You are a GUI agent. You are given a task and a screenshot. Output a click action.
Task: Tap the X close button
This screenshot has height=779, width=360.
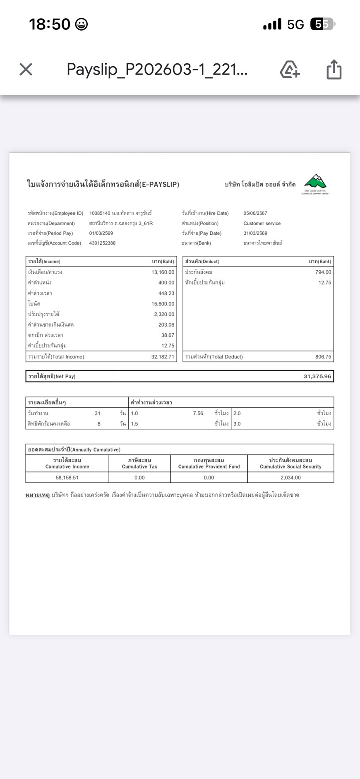[x=26, y=69]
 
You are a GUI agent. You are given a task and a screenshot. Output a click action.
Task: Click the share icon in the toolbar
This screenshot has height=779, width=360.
[x=334, y=69]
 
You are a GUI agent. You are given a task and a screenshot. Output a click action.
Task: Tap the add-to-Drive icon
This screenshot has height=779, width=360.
[x=290, y=69]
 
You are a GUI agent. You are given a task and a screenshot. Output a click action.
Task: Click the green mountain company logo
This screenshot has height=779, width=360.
[x=315, y=183]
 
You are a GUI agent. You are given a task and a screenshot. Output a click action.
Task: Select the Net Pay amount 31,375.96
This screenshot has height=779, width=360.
[x=317, y=376]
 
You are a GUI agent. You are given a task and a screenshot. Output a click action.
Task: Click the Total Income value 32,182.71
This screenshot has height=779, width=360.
[x=163, y=357]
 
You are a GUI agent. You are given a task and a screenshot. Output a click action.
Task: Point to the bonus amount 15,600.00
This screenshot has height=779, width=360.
[x=163, y=304]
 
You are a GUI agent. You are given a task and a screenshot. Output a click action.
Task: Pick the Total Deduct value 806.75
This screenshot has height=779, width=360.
[x=323, y=357]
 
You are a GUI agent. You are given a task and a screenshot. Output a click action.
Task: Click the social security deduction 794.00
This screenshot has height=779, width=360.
[x=323, y=272]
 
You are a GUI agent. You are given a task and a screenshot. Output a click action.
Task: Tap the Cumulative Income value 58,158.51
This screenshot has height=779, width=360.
[x=67, y=478]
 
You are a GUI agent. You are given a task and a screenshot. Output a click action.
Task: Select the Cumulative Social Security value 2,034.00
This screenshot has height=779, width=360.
[x=290, y=478]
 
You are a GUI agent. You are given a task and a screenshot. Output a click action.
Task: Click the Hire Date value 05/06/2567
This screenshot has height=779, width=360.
[x=255, y=214]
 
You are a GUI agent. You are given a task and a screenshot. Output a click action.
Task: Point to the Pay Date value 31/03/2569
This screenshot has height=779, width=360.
[x=255, y=233]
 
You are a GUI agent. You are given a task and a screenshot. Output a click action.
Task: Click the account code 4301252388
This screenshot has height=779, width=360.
[x=102, y=243]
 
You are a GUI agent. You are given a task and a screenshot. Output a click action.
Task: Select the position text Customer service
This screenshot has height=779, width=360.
[x=262, y=224]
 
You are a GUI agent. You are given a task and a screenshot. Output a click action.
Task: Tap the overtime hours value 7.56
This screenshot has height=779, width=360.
[x=198, y=414]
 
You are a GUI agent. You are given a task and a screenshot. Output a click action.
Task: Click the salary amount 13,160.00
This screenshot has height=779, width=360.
[x=163, y=272]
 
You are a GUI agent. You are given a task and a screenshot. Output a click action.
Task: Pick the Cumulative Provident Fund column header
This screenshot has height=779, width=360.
[x=209, y=464]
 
